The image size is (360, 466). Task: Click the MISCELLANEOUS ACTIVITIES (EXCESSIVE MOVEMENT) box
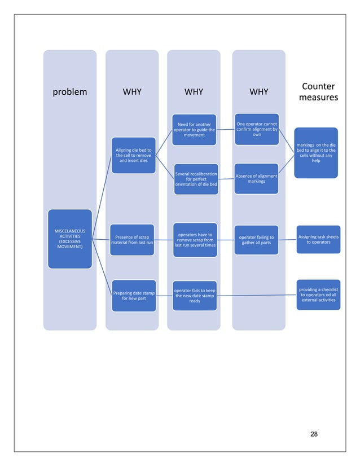click(69, 239)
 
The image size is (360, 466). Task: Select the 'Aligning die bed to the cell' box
click(133, 155)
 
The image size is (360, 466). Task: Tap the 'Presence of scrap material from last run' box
click(131, 240)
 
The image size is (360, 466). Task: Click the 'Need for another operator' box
click(194, 130)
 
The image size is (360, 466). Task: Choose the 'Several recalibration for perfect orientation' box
click(195, 179)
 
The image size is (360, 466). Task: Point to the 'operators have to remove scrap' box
click(195, 240)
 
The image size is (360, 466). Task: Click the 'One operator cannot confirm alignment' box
click(256, 129)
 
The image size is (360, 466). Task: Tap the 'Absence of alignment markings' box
click(256, 179)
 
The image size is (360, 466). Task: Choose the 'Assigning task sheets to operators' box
click(318, 240)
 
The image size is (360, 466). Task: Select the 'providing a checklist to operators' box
click(318, 295)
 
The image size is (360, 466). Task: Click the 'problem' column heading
click(69, 91)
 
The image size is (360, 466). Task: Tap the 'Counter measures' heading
click(318, 92)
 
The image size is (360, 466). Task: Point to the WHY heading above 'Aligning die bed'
click(131, 91)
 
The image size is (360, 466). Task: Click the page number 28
click(314, 434)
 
